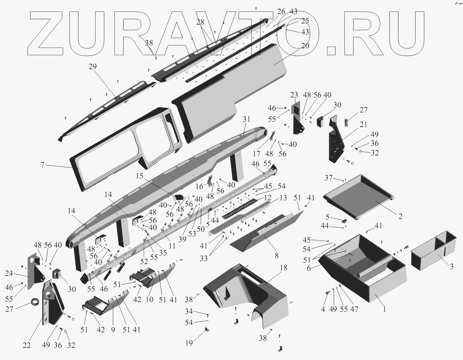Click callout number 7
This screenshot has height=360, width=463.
(x=43, y=165)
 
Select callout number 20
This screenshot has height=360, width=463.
(x=305, y=45)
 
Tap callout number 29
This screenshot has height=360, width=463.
(x=92, y=67)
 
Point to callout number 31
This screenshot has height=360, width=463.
(x=246, y=119)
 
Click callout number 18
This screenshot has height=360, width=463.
(x=283, y=268)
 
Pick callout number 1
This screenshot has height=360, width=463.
(x=384, y=309)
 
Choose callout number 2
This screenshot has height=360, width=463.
(x=400, y=216)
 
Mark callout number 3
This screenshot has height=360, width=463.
(x=452, y=266)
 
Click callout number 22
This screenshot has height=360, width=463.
(x=26, y=345)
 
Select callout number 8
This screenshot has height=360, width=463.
(x=276, y=256)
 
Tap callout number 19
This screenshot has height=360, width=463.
(x=189, y=343)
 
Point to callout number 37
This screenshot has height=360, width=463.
(x=328, y=178)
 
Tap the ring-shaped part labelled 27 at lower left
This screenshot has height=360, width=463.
(x=35, y=302)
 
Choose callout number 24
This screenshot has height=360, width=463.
(x=9, y=274)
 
